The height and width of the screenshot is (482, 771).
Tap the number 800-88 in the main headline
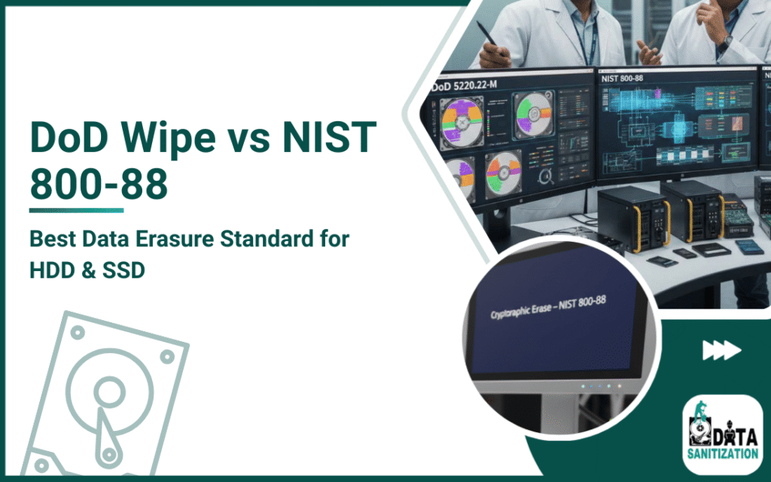pos(98,184)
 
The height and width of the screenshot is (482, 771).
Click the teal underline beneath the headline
pos(76,210)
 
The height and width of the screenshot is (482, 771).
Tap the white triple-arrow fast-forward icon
pos(721,350)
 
